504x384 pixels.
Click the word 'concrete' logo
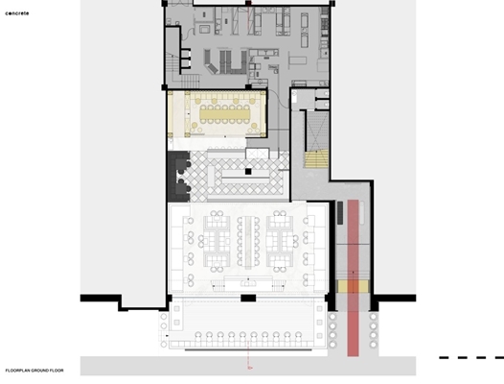(x=17, y=13)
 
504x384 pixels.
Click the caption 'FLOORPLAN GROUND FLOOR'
(x=34, y=371)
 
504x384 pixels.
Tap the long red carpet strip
(x=353, y=278)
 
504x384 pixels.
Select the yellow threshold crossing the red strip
(x=353, y=286)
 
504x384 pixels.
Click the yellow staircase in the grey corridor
(x=316, y=159)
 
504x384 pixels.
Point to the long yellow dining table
(x=224, y=114)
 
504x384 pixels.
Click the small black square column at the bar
(x=248, y=172)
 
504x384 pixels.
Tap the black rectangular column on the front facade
(x=248, y=298)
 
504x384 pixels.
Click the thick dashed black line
(x=471, y=357)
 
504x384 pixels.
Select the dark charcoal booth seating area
(x=179, y=177)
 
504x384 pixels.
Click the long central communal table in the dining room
(x=248, y=242)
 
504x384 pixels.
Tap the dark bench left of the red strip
(x=340, y=212)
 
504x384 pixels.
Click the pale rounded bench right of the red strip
(x=361, y=212)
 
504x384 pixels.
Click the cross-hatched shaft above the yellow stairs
(x=317, y=131)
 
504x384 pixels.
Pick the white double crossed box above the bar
(x=257, y=154)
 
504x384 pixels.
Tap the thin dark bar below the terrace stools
(x=248, y=349)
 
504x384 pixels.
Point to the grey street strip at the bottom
(x=248, y=366)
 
